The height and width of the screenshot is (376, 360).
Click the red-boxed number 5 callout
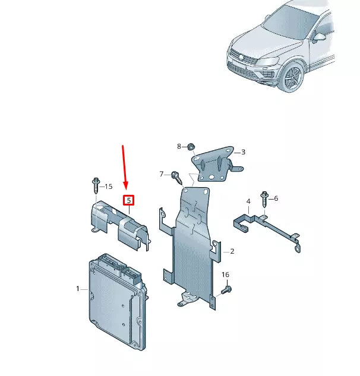click(128, 200)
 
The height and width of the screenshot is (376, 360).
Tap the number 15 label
click(108, 187)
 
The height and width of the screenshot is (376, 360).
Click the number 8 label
click(179, 146)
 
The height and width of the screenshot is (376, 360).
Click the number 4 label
click(248, 202)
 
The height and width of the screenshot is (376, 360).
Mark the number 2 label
click(232, 251)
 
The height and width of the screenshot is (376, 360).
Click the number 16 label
click(225, 274)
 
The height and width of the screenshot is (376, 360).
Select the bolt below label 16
click(227, 289)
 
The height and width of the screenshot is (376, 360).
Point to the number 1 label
click(77, 289)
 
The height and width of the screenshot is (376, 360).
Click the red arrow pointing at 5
click(124, 166)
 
